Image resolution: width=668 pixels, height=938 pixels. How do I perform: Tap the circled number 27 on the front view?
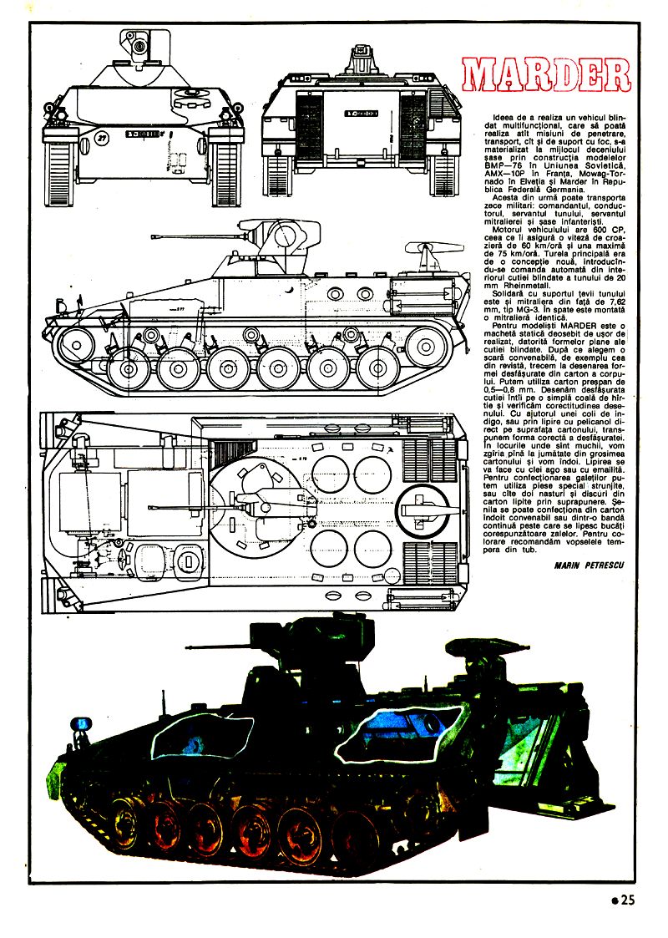[x=101, y=137]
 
